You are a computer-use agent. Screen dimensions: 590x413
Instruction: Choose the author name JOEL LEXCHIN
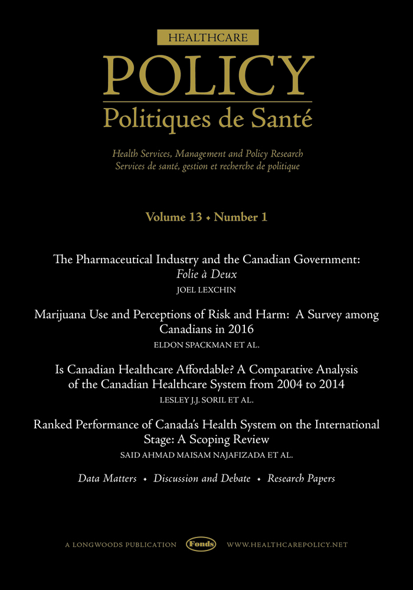tap(206, 290)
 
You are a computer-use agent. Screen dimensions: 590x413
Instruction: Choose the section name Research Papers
tap(301, 478)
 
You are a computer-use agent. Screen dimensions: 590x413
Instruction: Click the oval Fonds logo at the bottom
tap(201, 545)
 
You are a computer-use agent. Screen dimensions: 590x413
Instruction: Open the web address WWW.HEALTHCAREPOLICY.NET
tap(287, 545)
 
